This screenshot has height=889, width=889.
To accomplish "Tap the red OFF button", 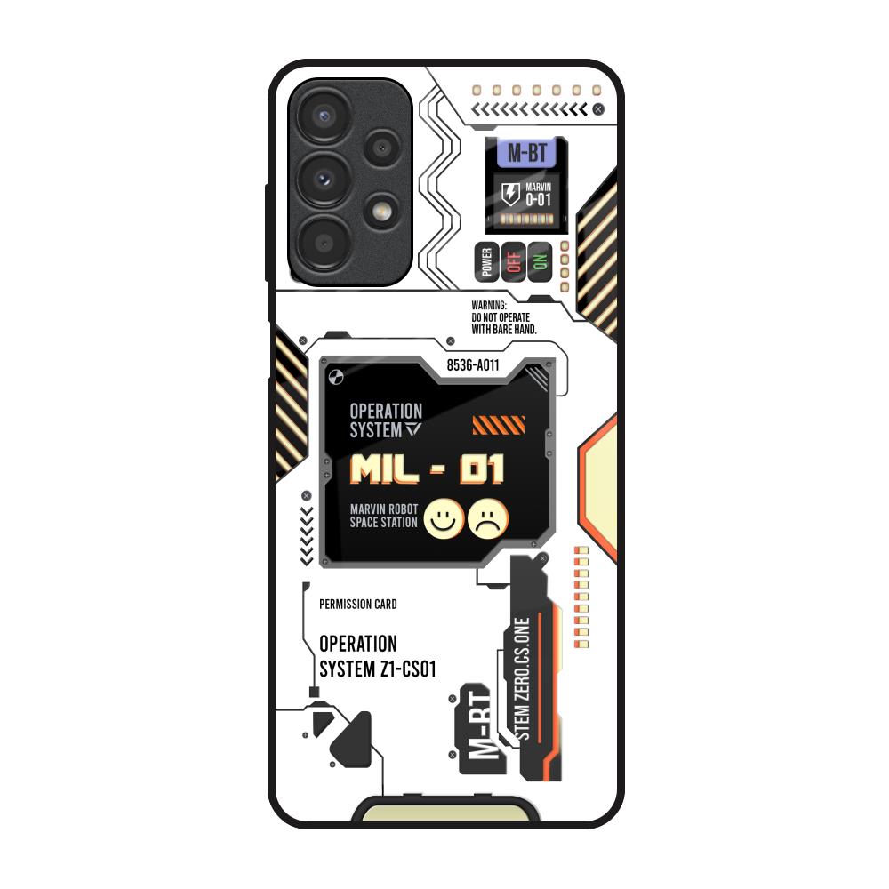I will pyautogui.click(x=513, y=262).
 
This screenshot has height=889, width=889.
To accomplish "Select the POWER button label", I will pyautogui.click(x=485, y=262).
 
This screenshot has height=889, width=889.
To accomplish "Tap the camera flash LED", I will pyautogui.click(x=384, y=211).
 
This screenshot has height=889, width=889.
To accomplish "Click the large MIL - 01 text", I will pyautogui.click(x=428, y=469).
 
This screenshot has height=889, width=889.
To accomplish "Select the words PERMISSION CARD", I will pyautogui.click(x=357, y=605).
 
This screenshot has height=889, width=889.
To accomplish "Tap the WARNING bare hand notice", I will pyautogui.click(x=504, y=316).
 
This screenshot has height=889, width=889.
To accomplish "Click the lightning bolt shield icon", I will pyautogui.click(x=511, y=194).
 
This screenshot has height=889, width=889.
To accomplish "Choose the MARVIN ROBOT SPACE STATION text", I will pyautogui.click(x=384, y=516).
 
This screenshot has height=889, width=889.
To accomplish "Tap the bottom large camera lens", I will pyautogui.click(x=320, y=237).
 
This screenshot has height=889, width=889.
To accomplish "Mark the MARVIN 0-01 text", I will pyautogui.click(x=538, y=194).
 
